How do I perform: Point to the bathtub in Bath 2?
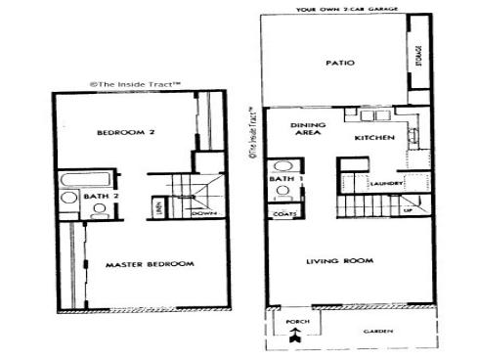point(72,179)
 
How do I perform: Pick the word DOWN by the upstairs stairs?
point(203,213)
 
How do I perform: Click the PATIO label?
point(339,65)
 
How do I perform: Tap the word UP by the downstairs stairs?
point(408,209)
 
